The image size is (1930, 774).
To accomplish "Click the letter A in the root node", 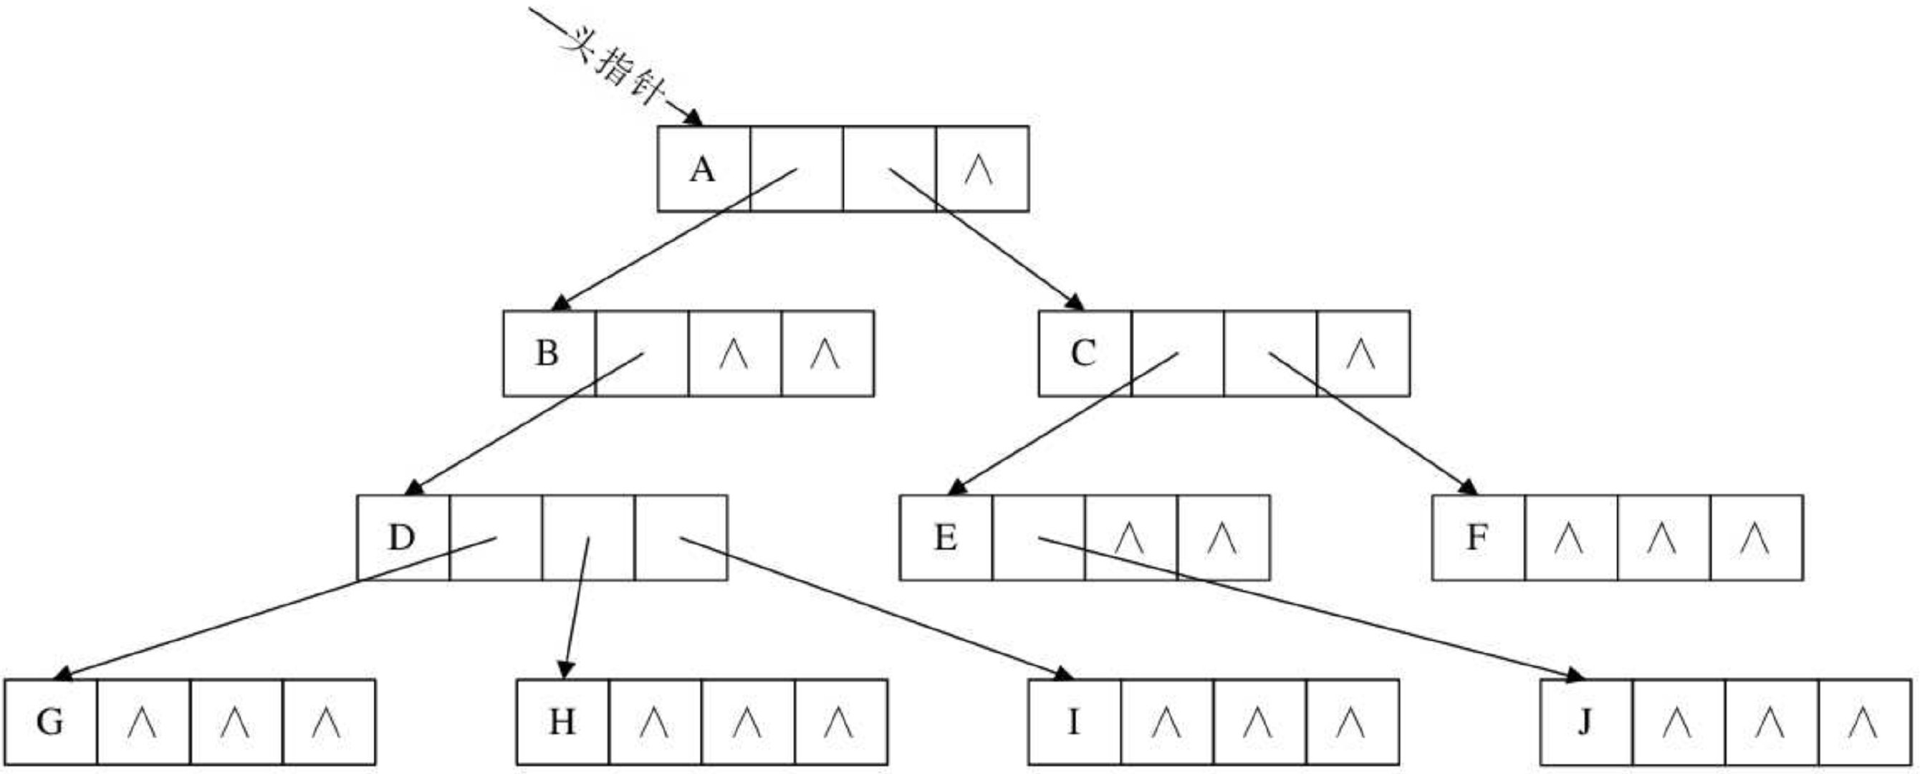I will (x=702, y=169).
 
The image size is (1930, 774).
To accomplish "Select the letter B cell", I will (x=547, y=353).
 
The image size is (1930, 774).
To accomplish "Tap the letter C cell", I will (x=1083, y=353).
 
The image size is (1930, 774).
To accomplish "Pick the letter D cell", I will (x=402, y=537).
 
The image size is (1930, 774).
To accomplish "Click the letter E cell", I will (x=946, y=537).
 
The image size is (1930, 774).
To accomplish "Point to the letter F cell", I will (x=1477, y=537).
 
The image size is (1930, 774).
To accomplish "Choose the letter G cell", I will (x=49, y=722).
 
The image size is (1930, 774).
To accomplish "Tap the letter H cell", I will (x=562, y=722).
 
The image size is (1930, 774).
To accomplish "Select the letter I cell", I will (x=1074, y=722).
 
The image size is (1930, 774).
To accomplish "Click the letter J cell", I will (x=1585, y=722).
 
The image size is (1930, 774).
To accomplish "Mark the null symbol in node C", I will (x=1361, y=353).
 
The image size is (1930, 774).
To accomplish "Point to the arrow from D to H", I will (x=577, y=607).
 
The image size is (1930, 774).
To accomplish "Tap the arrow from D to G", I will (x=277, y=607).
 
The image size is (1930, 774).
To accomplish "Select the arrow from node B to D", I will (x=524, y=424).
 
